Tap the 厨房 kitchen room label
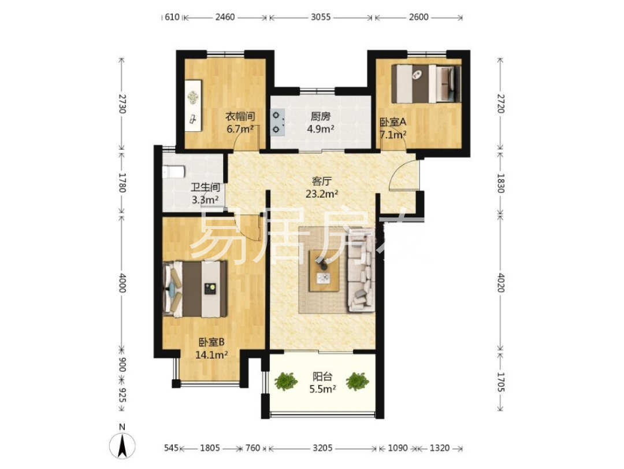[x=320, y=117]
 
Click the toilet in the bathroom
[x=173, y=172]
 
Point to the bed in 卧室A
[x=426, y=84]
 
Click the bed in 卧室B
[x=195, y=289]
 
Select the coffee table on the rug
[x=325, y=272]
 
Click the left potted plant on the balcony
[x=286, y=381]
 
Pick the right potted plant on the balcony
[x=357, y=381]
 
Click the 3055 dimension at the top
[x=321, y=17]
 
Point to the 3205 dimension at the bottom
[x=322, y=448]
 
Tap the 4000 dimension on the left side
[x=122, y=283]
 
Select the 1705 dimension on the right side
[x=500, y=382]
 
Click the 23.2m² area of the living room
[x=322, y=194]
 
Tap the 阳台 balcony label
[x=322, y=376]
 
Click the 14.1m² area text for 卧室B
[x=211, y=354]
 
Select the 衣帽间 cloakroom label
[x=240, y=117]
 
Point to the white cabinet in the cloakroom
[x=194, y=106]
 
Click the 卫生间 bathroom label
[x=206, y=187]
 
